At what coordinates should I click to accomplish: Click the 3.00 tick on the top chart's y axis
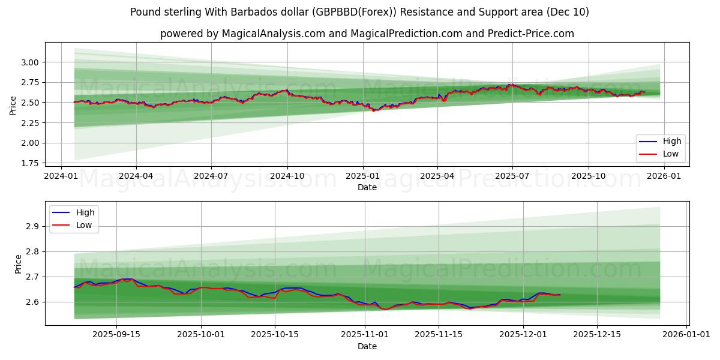30,62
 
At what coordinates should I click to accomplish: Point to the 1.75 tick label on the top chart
30,163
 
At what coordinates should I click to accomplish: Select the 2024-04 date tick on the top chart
136,176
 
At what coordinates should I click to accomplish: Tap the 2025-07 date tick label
512,176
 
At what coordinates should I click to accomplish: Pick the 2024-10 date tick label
287,176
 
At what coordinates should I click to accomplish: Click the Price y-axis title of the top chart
13,106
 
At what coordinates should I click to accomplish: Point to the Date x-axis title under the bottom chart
367,346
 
